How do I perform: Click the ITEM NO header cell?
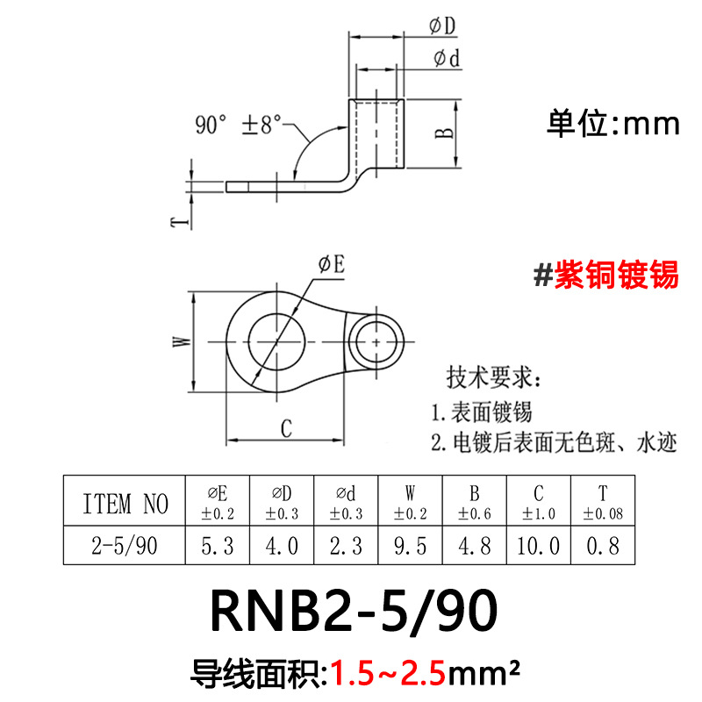point(125,504)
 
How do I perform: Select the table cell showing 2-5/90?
point(125,547)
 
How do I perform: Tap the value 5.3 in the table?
point(218,547)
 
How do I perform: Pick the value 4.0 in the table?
point(282,547)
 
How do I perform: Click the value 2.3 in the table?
point(346,547)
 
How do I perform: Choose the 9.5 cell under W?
point(410,547)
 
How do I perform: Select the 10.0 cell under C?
point(538,547)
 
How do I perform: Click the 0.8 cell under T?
point(602,547)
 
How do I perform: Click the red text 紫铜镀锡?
point(615,275)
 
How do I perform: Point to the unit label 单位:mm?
point(613,123)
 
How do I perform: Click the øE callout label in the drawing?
point(331,263)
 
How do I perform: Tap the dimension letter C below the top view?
point(285,429)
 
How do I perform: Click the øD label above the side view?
point(443,28)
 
